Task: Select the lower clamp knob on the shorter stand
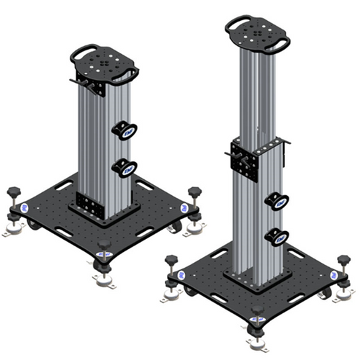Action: pyautogui.click(x=124, y=169)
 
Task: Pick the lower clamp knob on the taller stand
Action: pyautogui.click(x=278, y=237)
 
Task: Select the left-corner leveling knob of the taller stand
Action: pyautogui.click(x=171, y=261)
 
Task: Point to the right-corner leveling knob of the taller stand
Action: pyautogui.click(x=343, y=261)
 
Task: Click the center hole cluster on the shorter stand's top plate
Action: pyautogui.click(x=107, y=63)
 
